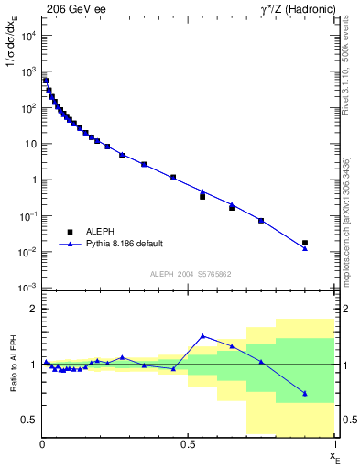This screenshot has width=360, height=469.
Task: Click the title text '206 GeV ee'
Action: click(76, 9)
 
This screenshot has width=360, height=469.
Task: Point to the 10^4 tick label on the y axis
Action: click(27, 36)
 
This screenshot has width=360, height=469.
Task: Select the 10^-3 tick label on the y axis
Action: click(27, 288)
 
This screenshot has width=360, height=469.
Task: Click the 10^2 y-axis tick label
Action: click(27, 108)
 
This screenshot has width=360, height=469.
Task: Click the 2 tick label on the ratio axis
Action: click(32, 310)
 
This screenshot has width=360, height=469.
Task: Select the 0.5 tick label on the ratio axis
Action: click(29, 420)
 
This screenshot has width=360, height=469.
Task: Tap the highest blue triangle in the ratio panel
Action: click(202, 336)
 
